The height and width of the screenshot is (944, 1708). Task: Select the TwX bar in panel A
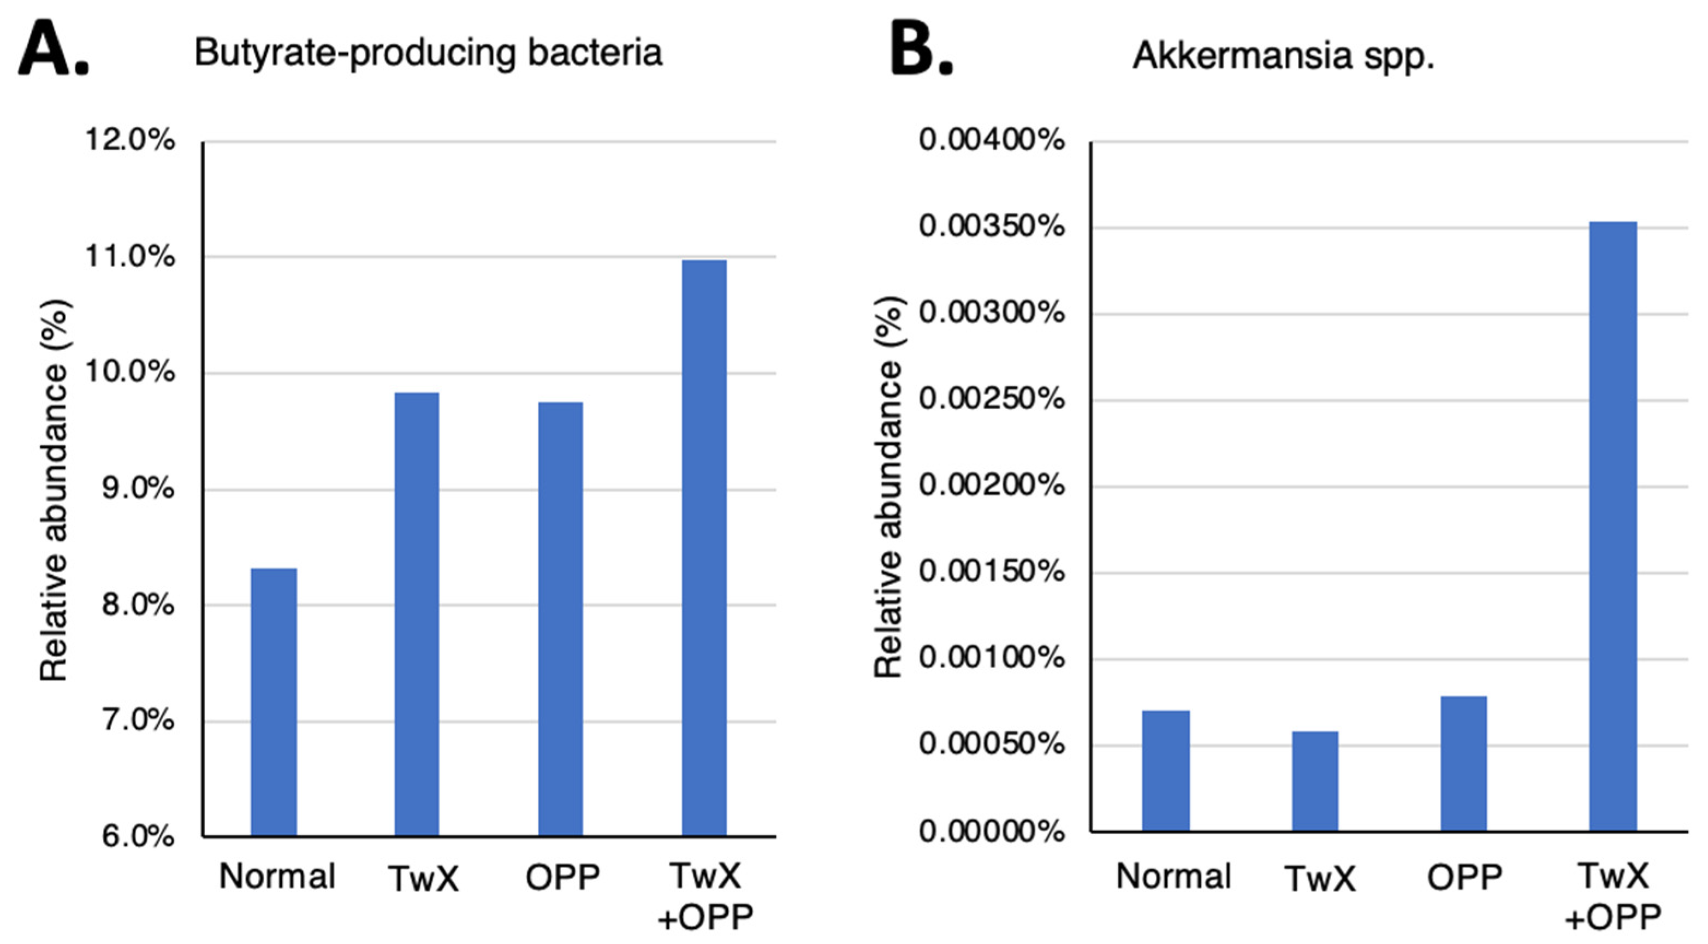click(x=417, y=613)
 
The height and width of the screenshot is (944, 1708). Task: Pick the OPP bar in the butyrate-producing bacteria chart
click(x=560, y=618)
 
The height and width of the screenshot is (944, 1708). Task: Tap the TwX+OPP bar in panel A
click(x=704, y=547)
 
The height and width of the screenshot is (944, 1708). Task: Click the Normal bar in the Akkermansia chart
click(x=1165, y=770)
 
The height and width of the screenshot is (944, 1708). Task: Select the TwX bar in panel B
click(x=1315, y=781)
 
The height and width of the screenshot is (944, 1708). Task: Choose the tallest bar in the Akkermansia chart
click(x=1612, y=526)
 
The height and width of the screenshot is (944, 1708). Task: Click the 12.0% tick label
click(x=130, y=140)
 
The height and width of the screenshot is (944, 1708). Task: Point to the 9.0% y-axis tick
click(x=138, y=489)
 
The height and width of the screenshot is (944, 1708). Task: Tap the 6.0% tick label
click(x=138, y=836)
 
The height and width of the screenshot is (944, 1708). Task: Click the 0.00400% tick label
click(x=991, y=140)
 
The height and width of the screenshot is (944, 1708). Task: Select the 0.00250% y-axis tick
click(x=991, y=399)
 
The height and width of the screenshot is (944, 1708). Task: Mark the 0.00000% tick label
click(x=991, y=830)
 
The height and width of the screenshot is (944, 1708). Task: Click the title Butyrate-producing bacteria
click(x=428, y=53)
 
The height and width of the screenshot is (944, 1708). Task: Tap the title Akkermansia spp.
click(x=1283, y=56)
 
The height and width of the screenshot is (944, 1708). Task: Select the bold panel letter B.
click(x=920, y=49)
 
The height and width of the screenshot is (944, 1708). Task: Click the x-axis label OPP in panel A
click(x=562, y=878)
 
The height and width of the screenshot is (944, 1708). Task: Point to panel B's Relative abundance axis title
click(x=888, y=488)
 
